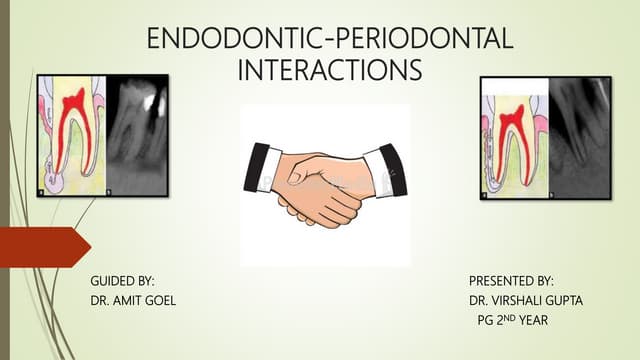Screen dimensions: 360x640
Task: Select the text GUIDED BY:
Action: click(122, 282)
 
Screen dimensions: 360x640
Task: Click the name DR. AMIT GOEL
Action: click(133, 301)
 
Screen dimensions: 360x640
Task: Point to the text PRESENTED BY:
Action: click(511, 282)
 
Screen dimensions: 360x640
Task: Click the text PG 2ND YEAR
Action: click(514, 320)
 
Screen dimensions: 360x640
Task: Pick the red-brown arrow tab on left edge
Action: click(40, 245)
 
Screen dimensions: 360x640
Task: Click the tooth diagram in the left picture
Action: click(71, 135)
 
